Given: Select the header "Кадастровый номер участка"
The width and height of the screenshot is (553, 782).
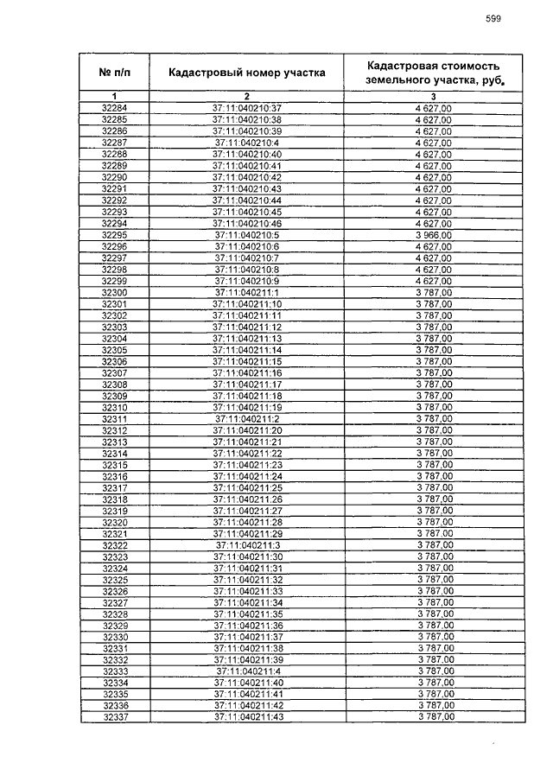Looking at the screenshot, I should click(x=247, y=73).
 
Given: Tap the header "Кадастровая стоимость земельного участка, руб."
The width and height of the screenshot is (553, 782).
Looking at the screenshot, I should click(x=433, y=73).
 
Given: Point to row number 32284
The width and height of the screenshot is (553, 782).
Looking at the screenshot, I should click(x=115, y=107).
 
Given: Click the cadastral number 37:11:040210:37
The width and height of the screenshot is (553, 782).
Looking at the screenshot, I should click(x=247, y=107).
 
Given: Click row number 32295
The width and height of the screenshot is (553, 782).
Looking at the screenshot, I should click(x=115, y=234).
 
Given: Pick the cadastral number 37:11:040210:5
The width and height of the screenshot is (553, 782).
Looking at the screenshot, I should click(x=247, y=234).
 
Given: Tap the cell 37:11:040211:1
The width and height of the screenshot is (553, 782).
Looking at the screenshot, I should click(x=247, y=292).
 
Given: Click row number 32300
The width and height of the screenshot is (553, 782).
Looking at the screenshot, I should click(x=115, y=292).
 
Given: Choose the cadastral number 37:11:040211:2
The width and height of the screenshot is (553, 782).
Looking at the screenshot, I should click(x=247, y=418).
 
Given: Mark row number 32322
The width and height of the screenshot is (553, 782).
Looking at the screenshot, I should click(x=115, y=545).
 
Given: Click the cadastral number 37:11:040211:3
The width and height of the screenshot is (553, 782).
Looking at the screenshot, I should click(x=247, y=545).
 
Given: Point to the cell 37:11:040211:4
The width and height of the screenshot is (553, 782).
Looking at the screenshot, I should click(x=247, y=671).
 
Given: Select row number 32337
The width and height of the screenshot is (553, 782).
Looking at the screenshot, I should click(x=115, y=717).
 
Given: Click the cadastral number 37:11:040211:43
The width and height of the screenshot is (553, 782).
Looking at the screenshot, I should click(x=247, y=717).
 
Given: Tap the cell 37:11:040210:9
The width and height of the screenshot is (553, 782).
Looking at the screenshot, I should click(x=247, y=281).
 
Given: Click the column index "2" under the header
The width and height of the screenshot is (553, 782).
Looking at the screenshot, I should click(x=247, y=95).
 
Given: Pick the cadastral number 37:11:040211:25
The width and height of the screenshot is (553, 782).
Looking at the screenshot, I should click(x=247, y=487).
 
